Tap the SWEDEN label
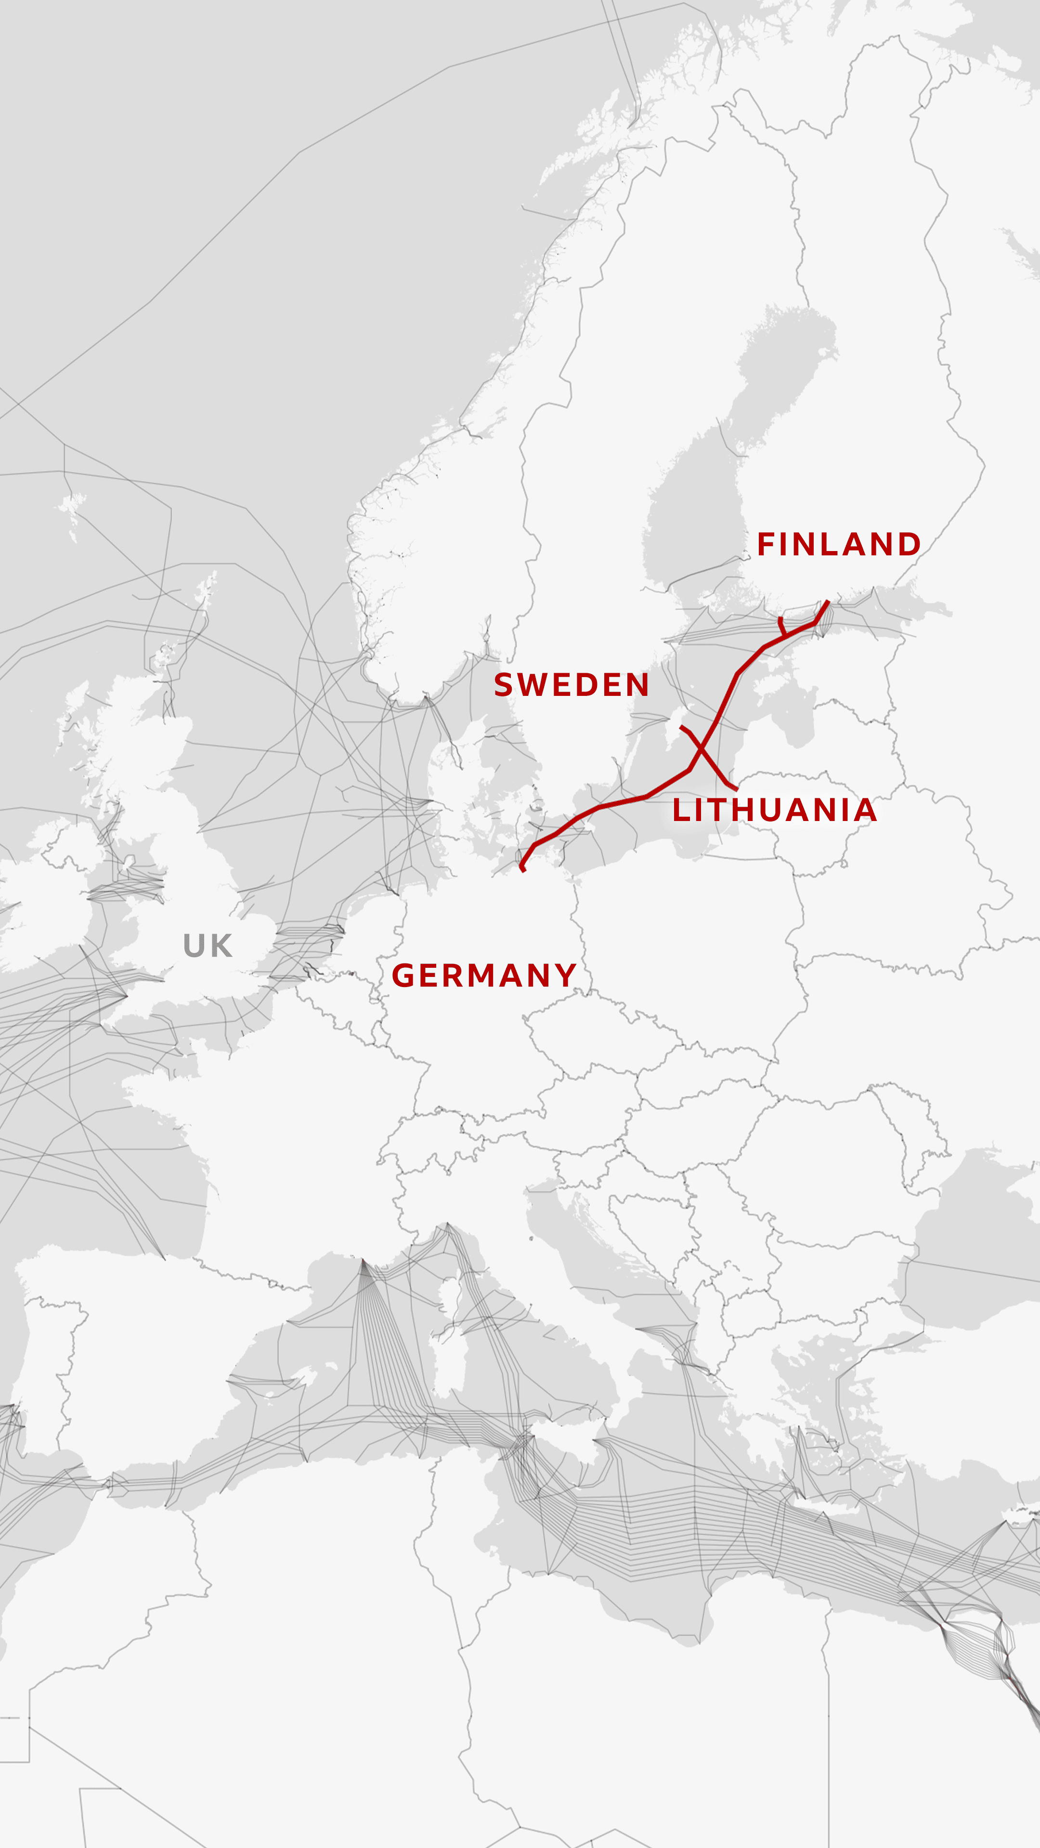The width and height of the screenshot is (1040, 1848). (x=572, y=685)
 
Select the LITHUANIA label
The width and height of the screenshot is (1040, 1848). (x=774, y=810)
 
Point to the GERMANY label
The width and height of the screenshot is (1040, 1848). (x=484, y=975)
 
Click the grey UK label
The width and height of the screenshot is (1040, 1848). (x=208, y=946)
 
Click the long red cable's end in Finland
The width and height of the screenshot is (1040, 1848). (x=828, y=602)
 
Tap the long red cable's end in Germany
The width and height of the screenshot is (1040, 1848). (x=523, y=870)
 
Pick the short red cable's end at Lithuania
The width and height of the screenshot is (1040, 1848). (x=736, y=789)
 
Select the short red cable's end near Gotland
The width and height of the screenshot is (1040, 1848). (x=682, y=728)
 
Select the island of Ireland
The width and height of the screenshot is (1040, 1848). (x=50, y=904)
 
